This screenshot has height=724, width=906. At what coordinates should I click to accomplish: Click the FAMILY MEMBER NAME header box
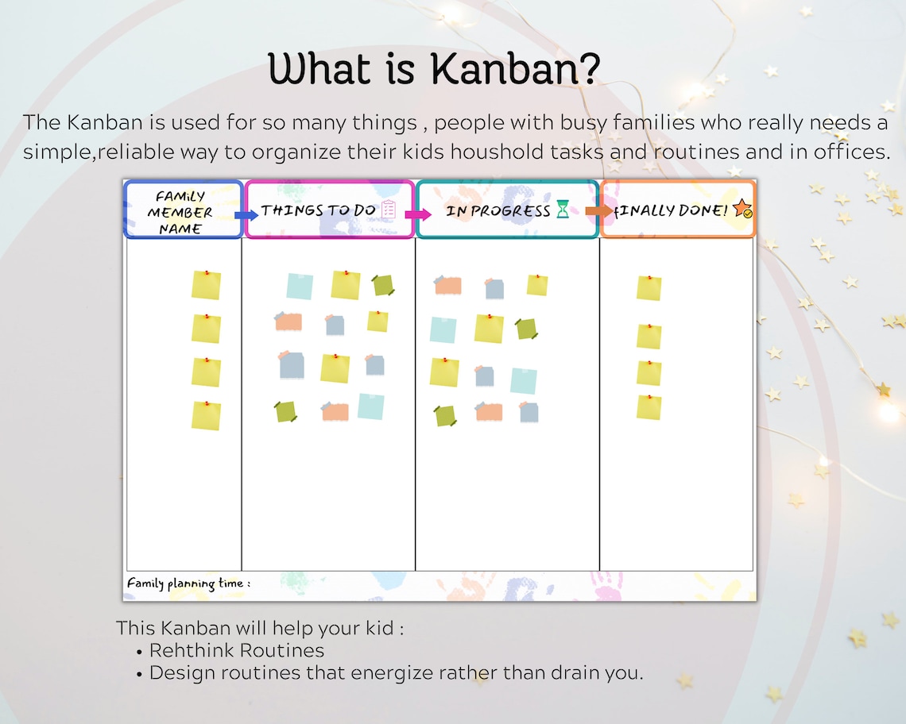[x=184, y=211]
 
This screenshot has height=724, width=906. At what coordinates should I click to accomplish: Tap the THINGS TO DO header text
[x=318, y=210]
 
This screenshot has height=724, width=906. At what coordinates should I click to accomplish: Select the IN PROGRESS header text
[x=498, y=210]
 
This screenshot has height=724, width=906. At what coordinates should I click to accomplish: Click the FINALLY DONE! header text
[x=672, y=210]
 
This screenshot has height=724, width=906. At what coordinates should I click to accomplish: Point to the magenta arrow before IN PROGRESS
[x=417, y=214]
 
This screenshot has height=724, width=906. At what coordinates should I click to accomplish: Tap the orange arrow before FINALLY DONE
[x=599, y=210]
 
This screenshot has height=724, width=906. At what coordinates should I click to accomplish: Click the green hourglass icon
[x=563, y=210]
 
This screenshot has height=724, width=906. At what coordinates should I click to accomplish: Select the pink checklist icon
[x=389, y=210]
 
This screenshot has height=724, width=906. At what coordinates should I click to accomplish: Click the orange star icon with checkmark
[x=742, y=209]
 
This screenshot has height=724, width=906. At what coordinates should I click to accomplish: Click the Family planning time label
[x=188, y=583]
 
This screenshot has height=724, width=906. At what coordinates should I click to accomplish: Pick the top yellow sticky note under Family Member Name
[x=206, y=285]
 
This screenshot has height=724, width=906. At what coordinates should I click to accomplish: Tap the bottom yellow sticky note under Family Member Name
[x=206, y=415]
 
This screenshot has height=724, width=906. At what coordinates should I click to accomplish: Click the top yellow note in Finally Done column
[x=649, y=287]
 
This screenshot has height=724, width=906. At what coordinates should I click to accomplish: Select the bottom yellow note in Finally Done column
[x=649, y=407]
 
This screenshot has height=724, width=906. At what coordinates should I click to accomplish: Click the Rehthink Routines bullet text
[x=237, y=651]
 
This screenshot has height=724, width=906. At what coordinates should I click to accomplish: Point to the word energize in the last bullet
[x=393, y=673]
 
